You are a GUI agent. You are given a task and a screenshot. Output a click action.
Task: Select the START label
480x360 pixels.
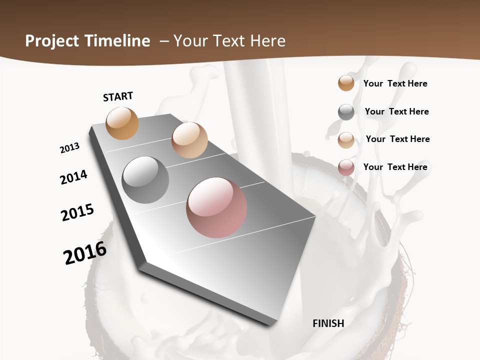118,96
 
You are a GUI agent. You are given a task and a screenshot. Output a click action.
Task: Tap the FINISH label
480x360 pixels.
328,323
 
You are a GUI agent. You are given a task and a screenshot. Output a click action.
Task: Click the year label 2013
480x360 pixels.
70,148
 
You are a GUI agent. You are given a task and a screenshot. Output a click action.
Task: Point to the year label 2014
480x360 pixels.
74,177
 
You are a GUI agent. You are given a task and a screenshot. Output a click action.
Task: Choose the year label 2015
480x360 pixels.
77,212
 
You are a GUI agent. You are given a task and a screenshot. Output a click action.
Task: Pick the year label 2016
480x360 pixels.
85,253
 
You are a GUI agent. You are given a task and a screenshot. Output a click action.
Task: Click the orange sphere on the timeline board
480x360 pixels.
122,123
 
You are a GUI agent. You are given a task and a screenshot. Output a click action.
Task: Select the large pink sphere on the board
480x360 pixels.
216,207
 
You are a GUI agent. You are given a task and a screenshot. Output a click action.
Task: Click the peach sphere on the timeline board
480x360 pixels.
189,140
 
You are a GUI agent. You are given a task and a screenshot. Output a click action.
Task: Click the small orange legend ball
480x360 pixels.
346,83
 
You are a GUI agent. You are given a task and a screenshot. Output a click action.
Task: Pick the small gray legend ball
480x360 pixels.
346,112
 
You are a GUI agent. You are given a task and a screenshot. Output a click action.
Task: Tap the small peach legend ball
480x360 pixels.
346,140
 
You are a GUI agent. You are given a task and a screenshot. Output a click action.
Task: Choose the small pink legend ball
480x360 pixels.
346,167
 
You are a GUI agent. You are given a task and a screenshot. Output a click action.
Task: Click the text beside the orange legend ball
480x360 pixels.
395,83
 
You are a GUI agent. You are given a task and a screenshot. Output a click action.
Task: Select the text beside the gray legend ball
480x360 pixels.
397,111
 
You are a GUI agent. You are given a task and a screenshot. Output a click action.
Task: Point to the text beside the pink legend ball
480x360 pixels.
395,167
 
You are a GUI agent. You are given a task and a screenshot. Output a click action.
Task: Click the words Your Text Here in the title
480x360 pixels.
229,41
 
